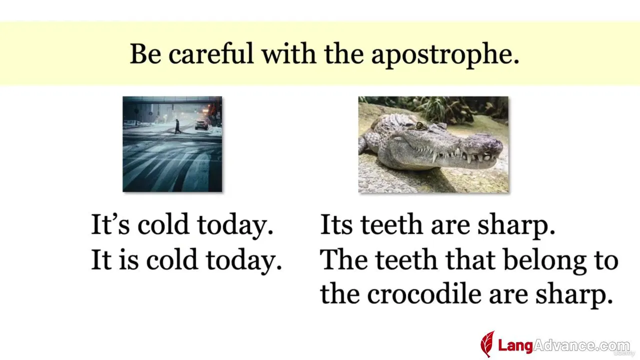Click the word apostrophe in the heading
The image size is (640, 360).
[x=445, y=55]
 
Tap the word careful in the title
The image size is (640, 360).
[x=211, y=53]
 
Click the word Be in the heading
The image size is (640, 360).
[x=145, y=53]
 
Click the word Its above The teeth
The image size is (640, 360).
[x=336, y=224]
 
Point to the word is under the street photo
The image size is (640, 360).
[x=128, y=259]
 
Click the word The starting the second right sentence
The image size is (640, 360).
[x=343, y=259]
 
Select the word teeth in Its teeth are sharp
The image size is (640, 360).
[x=391, y=224]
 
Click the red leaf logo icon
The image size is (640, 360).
[x=487, y=344]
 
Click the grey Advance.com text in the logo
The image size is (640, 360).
[x=581, y=345]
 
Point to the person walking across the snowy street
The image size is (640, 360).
[x=177, y=126]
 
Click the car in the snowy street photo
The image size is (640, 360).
[x=201, y=125]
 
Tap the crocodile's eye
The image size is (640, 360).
[x=420, y=125]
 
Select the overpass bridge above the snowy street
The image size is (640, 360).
[x=172, y=100]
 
